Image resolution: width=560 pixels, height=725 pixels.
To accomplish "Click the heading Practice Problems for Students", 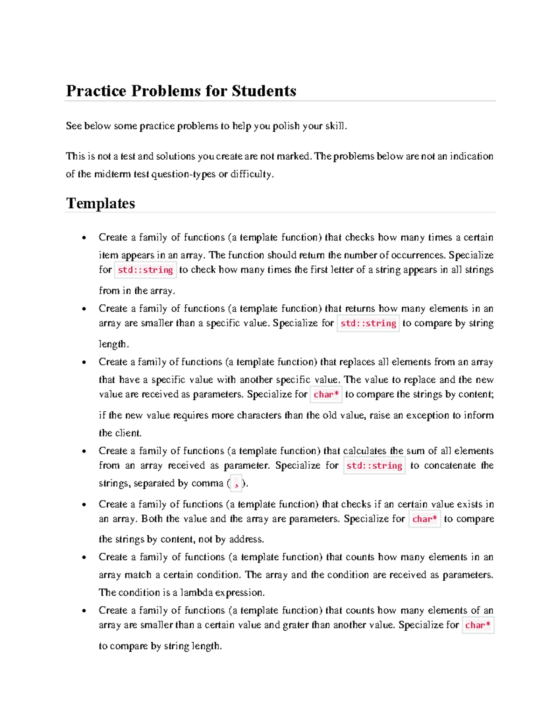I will tap(181, 91).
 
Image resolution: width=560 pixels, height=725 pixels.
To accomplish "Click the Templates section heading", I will tap(100, 203).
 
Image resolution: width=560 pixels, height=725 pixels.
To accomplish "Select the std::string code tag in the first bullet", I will tap(146, 270).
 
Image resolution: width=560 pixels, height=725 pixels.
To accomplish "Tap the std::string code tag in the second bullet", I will tap(368, 323).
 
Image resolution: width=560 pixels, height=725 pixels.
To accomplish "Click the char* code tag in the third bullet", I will tap(326, 394).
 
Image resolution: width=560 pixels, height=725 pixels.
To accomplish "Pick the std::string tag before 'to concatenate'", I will tap(374, 465).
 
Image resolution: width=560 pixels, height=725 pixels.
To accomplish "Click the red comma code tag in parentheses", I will tap(236, 484).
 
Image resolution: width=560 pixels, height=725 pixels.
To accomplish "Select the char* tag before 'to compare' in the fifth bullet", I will tap(425, 519).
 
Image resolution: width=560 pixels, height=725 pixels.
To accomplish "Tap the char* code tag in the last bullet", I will tap(478, 625).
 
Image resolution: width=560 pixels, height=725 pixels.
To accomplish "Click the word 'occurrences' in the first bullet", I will tap(418, 255).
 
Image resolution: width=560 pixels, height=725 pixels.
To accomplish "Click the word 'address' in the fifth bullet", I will tap(246, 539).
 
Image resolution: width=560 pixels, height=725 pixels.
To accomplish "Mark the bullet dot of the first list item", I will tap(84, 238).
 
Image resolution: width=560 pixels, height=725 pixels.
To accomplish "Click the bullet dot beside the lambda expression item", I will tap(84, 557).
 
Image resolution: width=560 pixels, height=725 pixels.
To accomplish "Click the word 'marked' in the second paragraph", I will tap(294, 156).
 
